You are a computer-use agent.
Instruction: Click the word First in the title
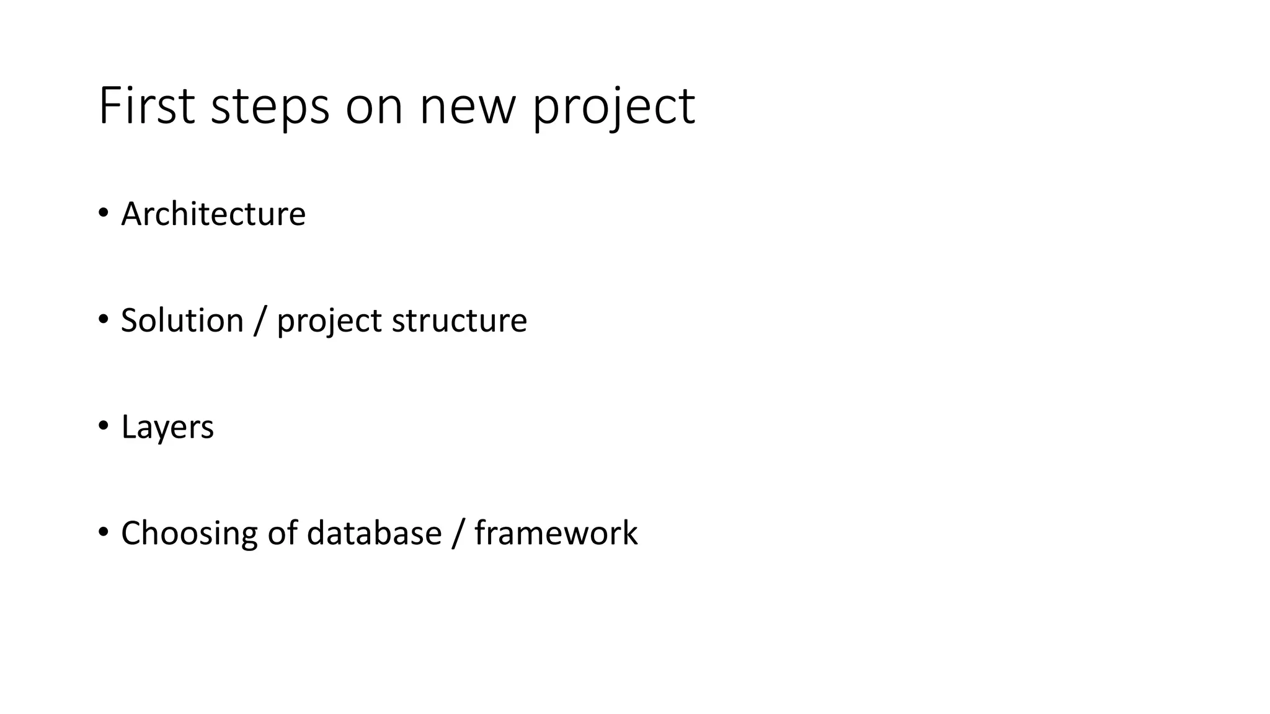[x=147, y=107]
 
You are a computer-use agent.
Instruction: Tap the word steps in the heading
[x=270, y=107]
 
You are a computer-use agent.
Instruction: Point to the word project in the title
[x=614, y=107]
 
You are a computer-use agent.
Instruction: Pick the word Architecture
[x=213, y=214]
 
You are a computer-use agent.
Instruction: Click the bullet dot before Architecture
[x=103, y=213]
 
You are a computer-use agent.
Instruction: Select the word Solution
[x=182, y=320]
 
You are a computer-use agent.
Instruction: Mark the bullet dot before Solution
[x=103, y=320]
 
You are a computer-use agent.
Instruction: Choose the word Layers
[x=167, y=428]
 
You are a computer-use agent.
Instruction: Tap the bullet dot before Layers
[x=103, y=426]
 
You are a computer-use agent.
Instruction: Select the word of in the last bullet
[x=282, y=533]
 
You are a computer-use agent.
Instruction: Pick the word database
[x=374, y=533]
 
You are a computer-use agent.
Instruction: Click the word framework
[x=556, y=533]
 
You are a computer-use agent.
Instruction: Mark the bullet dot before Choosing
[x=103, y=532]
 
